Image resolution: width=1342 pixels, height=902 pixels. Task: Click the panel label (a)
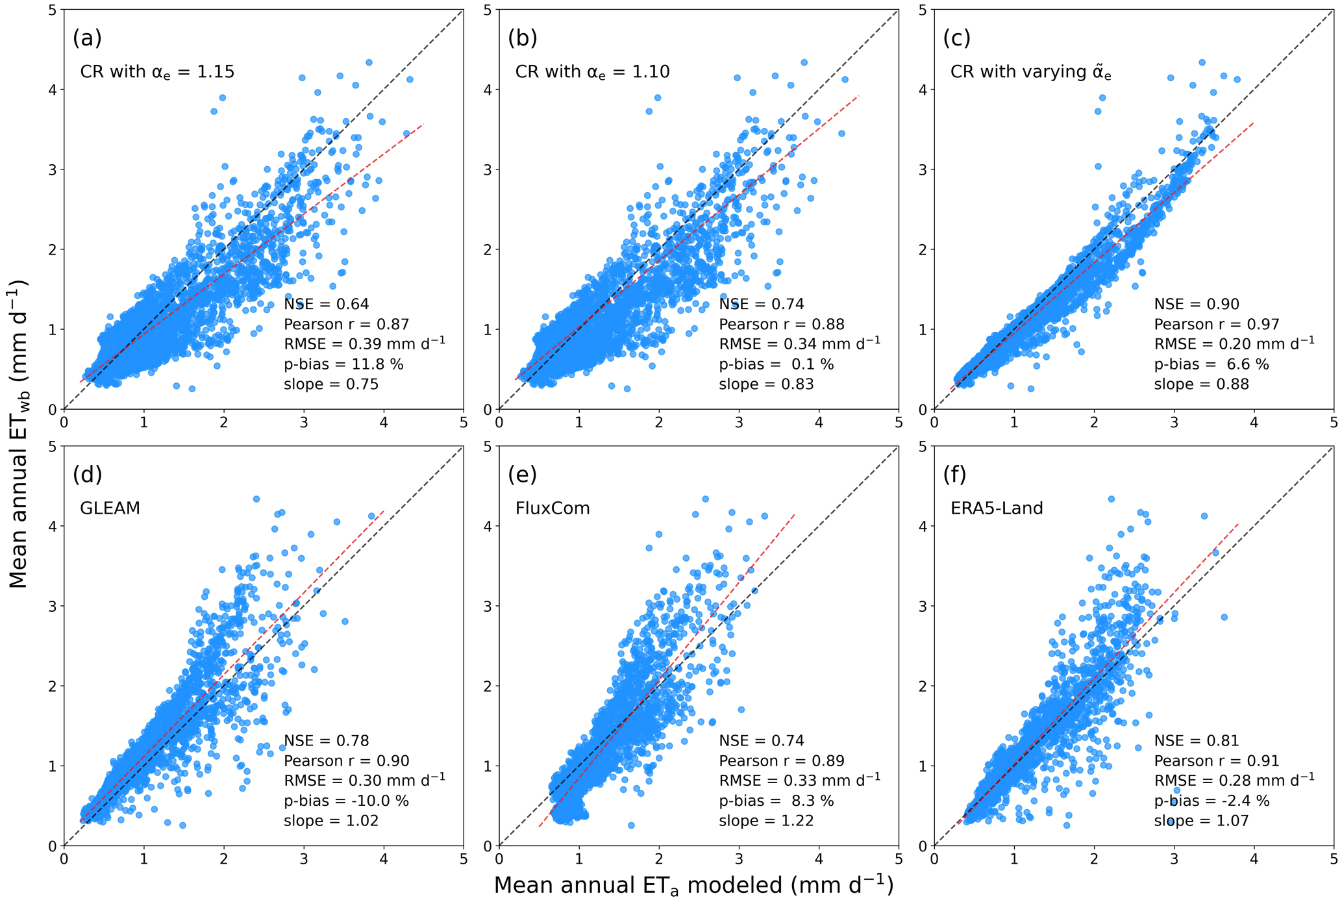87,38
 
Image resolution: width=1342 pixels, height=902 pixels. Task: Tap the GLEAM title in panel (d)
110,508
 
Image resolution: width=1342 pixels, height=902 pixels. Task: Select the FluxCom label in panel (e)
553,508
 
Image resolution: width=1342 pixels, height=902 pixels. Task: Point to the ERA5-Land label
997,508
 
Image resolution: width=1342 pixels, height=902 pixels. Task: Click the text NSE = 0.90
1197,304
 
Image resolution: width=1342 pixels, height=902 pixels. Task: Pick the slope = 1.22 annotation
766,821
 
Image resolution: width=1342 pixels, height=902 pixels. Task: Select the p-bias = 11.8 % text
343,364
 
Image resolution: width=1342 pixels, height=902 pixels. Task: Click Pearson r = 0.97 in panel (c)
1217,324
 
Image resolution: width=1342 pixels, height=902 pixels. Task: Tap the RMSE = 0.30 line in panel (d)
364,780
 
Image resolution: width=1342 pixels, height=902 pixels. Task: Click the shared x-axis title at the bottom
693,886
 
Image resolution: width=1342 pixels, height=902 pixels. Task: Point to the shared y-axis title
19,434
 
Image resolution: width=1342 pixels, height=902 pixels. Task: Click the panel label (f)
954,475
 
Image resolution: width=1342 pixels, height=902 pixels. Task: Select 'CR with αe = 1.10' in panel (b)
592,72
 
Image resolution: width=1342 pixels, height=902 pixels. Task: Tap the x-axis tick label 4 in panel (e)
819,859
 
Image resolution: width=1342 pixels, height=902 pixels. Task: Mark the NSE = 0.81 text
1197,740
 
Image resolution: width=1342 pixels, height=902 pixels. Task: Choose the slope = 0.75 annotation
331,384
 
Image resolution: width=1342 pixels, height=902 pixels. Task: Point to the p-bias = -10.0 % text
346,801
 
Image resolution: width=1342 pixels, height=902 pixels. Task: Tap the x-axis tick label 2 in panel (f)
1094,859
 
